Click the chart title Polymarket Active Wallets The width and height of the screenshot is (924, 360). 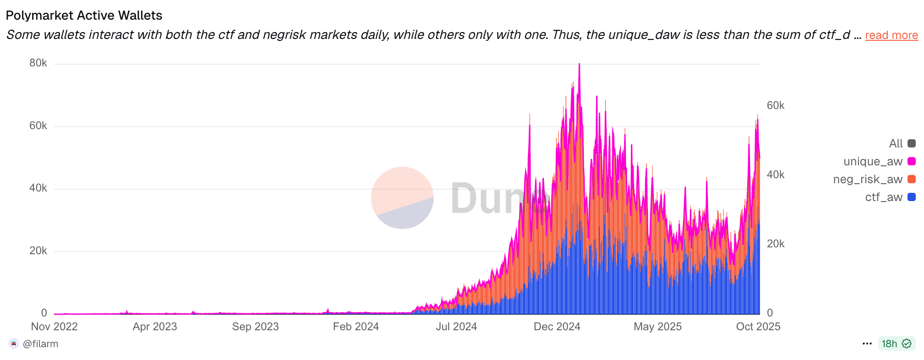click(x=84, y=16)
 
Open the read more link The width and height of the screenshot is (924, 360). click(x=891, y=35)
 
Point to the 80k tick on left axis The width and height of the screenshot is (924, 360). click(x=38, y=63)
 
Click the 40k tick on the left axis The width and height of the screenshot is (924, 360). click(x=38, y=188)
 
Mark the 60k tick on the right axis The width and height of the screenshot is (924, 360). click(x=775, y=105)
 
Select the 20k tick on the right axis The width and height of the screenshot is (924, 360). click(x=775, y=244)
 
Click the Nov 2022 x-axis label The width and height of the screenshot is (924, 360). click(x=54, y=327)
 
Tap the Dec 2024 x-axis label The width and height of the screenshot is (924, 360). click(x=557, y=327)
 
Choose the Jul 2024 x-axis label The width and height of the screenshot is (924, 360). click(x=456, y=327)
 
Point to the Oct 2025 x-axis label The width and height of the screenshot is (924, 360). click(x=758, y=327)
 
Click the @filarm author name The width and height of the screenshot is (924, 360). click(x=40, y=344)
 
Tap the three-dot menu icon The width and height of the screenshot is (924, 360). click(x=867, y=344)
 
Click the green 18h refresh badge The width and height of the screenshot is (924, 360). click(x=896, y=344)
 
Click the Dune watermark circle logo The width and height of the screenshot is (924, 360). click(x=402, y=198)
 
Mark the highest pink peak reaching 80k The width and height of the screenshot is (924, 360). click(x=579, y=65)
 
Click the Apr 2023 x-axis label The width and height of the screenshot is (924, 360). click(x=155, y=327)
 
